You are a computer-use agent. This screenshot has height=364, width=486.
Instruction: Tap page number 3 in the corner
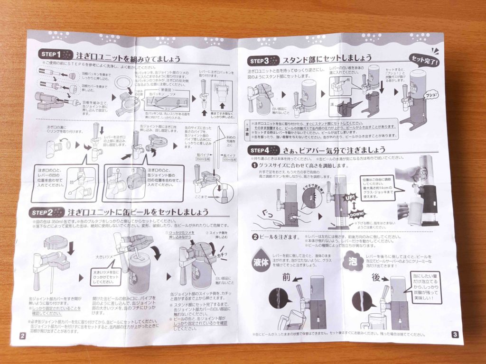point(455,335)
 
